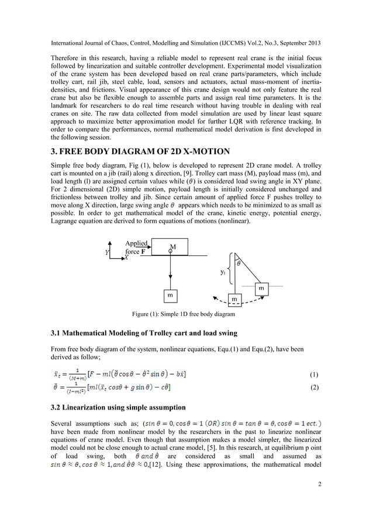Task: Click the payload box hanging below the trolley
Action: (171, 296)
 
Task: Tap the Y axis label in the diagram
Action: (106, 252)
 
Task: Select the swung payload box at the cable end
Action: (261, 288)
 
